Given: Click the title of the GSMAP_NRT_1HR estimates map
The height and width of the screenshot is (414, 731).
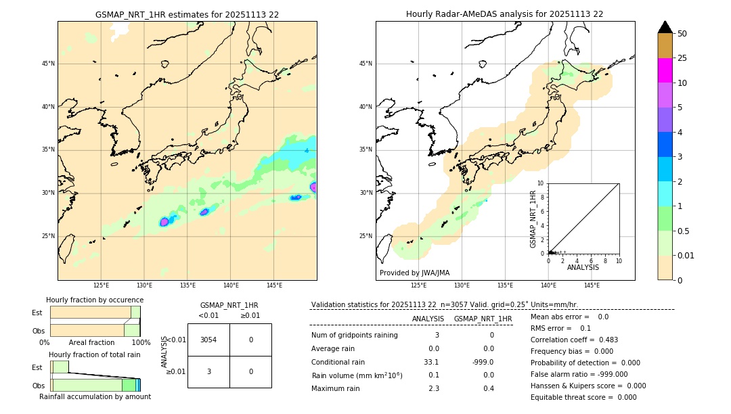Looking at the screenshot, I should [187, 14].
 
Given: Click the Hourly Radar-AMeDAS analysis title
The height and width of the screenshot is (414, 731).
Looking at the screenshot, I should [504, 14].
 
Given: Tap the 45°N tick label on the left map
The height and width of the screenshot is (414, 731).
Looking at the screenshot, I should [48, 64].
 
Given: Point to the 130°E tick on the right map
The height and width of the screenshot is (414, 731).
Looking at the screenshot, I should [462, 285].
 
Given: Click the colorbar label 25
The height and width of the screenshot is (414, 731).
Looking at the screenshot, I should [682, 58].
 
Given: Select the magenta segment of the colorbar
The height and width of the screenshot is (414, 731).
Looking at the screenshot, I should [665, 70].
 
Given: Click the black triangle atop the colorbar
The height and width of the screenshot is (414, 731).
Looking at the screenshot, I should [665, 27].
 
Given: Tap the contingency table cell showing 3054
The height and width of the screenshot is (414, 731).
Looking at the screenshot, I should [208, 340].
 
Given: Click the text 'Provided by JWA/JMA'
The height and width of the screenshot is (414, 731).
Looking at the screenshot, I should [414, 273].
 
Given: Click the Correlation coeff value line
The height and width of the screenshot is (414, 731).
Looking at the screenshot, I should [574, 340].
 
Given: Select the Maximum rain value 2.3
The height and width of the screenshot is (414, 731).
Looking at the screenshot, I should [433, 388].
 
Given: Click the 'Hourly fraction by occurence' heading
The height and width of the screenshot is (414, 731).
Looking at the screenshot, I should [93, 300].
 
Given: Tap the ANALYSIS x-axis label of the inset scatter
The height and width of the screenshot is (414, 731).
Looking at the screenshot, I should [583, 267].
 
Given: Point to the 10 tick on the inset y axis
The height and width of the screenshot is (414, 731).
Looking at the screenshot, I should [540, 183].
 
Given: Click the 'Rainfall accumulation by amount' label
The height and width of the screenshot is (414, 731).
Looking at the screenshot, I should [95, 396].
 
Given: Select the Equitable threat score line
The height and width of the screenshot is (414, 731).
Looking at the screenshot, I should [583, 397].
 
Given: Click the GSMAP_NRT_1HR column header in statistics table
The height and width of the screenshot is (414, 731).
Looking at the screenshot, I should [483, 319].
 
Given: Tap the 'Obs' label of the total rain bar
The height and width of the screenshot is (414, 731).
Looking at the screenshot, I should [39, 385].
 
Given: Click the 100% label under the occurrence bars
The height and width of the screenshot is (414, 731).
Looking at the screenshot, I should [141, 343].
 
